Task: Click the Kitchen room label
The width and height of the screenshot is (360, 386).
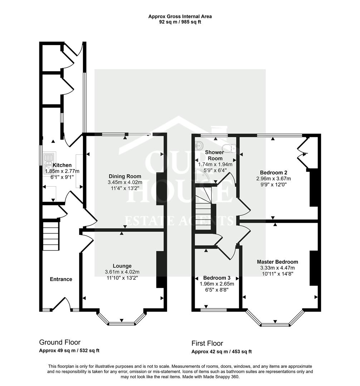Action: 62,165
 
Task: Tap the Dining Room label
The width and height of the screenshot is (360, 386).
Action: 125,176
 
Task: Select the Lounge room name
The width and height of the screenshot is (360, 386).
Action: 122,266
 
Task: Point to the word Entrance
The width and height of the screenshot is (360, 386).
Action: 61,279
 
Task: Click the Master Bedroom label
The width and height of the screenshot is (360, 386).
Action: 277,262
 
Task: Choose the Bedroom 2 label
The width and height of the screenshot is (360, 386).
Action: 273,173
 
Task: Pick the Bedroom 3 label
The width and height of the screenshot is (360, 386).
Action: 217,278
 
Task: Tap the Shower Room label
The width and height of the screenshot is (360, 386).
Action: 215,155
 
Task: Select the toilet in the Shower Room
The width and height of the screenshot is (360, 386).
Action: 229,148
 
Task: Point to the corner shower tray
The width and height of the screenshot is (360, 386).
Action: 201,176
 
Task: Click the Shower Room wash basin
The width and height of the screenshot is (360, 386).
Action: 199,146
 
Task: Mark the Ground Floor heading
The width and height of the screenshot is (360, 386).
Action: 60,342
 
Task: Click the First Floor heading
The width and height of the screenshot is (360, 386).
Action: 207,343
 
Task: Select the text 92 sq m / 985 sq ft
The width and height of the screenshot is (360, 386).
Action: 180,22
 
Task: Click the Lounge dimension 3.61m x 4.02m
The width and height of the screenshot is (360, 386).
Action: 122,272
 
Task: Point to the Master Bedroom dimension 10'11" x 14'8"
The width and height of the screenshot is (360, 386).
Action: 277,274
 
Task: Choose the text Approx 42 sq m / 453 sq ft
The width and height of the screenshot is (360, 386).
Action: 222,352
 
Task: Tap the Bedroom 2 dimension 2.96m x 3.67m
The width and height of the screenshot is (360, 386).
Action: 273,179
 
